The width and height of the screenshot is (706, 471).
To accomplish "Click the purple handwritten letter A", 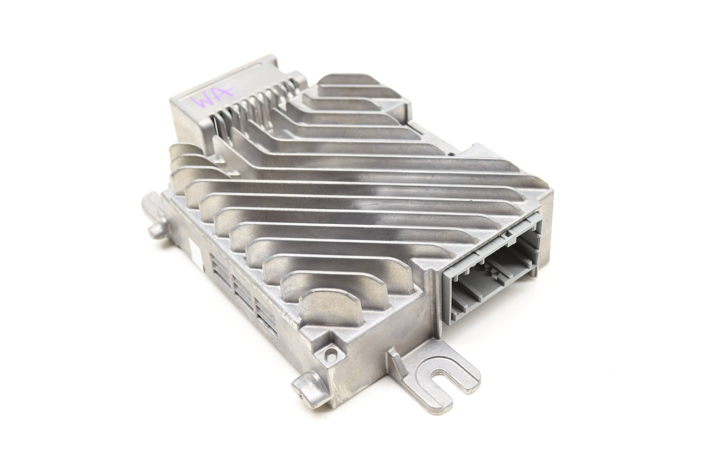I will point(224,94).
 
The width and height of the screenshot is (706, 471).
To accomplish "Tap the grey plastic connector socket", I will point(492,270).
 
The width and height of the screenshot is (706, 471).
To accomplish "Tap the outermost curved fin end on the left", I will point(180,152).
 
